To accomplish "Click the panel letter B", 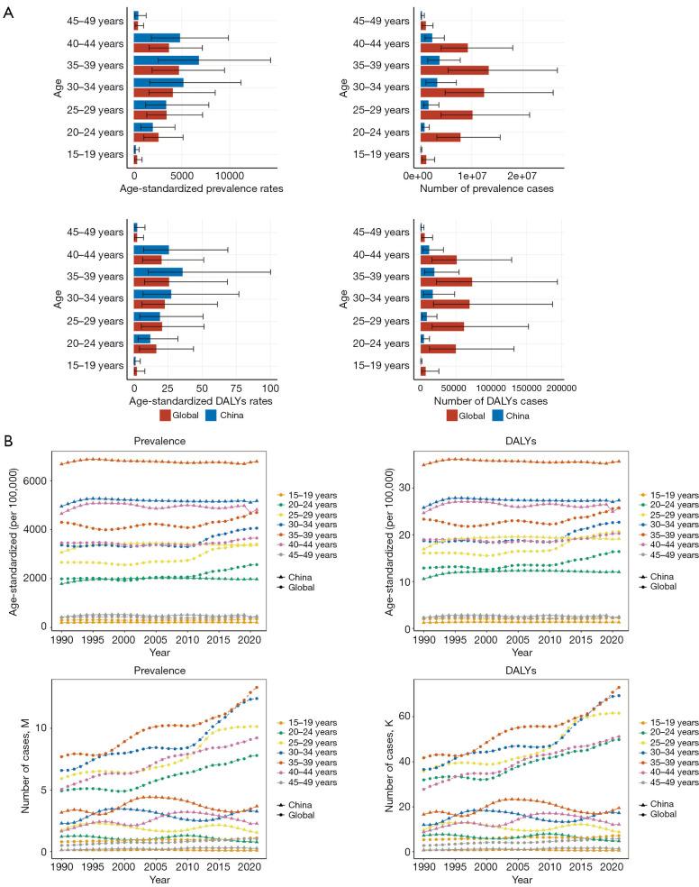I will [x=9, y=443].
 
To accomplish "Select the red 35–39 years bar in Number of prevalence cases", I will [x=455, y=70].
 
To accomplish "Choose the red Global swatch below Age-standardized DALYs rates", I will [x=166, y=416].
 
